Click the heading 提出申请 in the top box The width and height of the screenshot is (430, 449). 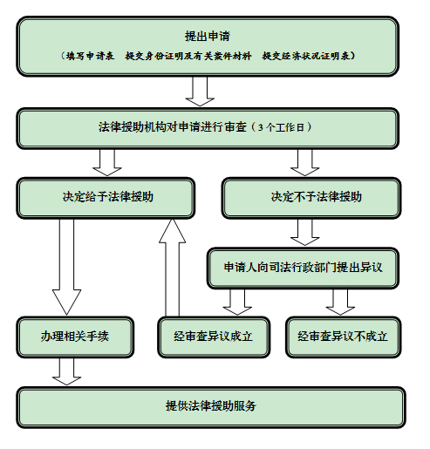207,36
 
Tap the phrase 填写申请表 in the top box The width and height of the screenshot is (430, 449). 88,57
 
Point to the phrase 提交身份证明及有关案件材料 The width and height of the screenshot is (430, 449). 188,57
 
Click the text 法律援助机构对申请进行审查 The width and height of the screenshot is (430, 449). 172,126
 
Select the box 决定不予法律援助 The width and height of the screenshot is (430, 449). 310,197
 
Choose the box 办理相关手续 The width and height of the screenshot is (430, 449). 74,336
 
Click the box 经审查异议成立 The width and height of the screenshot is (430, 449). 213,336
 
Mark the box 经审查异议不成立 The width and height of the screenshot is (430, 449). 342,336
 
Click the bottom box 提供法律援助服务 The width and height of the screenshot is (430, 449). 210,406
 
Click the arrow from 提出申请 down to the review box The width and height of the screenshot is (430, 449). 201,91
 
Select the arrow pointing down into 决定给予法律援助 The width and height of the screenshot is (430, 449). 108,161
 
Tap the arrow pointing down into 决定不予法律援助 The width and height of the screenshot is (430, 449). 304,161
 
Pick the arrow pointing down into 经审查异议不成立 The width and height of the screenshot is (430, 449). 339,302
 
